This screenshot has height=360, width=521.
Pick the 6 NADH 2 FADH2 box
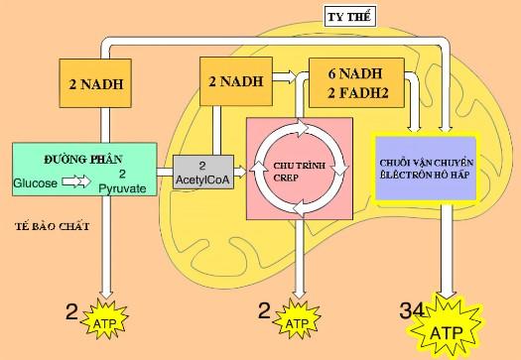point(353,79)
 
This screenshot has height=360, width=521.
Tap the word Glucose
point(37,183)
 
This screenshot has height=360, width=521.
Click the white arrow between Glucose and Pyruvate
point(79,182)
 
